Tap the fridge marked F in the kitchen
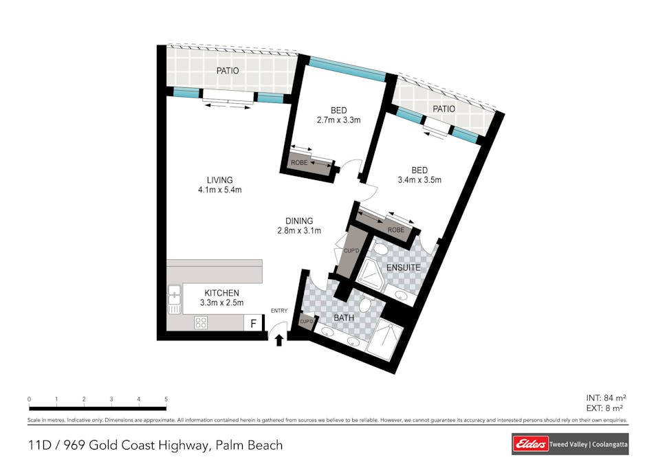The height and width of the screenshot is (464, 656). coord(253,323)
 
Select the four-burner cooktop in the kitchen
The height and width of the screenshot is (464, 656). coord(201,322)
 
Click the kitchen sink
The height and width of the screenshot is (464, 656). coord(175,299)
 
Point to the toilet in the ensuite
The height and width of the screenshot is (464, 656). coord(380,250)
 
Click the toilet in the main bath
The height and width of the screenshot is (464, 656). coord(367,303)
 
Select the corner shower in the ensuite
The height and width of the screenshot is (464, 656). coord(370,274)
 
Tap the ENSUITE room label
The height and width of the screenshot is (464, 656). coord(404,267)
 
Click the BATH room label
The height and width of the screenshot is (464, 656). coord(344,318)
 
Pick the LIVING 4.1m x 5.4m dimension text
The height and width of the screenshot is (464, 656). coord(219,185)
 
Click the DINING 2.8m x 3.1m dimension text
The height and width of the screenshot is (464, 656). coord(299,225)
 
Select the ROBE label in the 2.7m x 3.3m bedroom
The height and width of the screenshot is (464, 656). coord(299,163)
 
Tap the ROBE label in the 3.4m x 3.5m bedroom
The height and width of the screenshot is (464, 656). coord(396,230)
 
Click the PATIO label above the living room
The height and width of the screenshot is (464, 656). coord(228,71)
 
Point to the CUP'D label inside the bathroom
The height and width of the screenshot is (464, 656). coord(307,321)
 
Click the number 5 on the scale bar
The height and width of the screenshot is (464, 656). coord(166,399)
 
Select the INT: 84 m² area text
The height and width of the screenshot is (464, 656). coord(606,398)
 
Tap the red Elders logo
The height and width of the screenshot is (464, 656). coord(530,444)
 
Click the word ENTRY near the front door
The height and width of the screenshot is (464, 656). coord(279,311)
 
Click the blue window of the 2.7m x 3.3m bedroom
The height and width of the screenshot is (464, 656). coord(347,69)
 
